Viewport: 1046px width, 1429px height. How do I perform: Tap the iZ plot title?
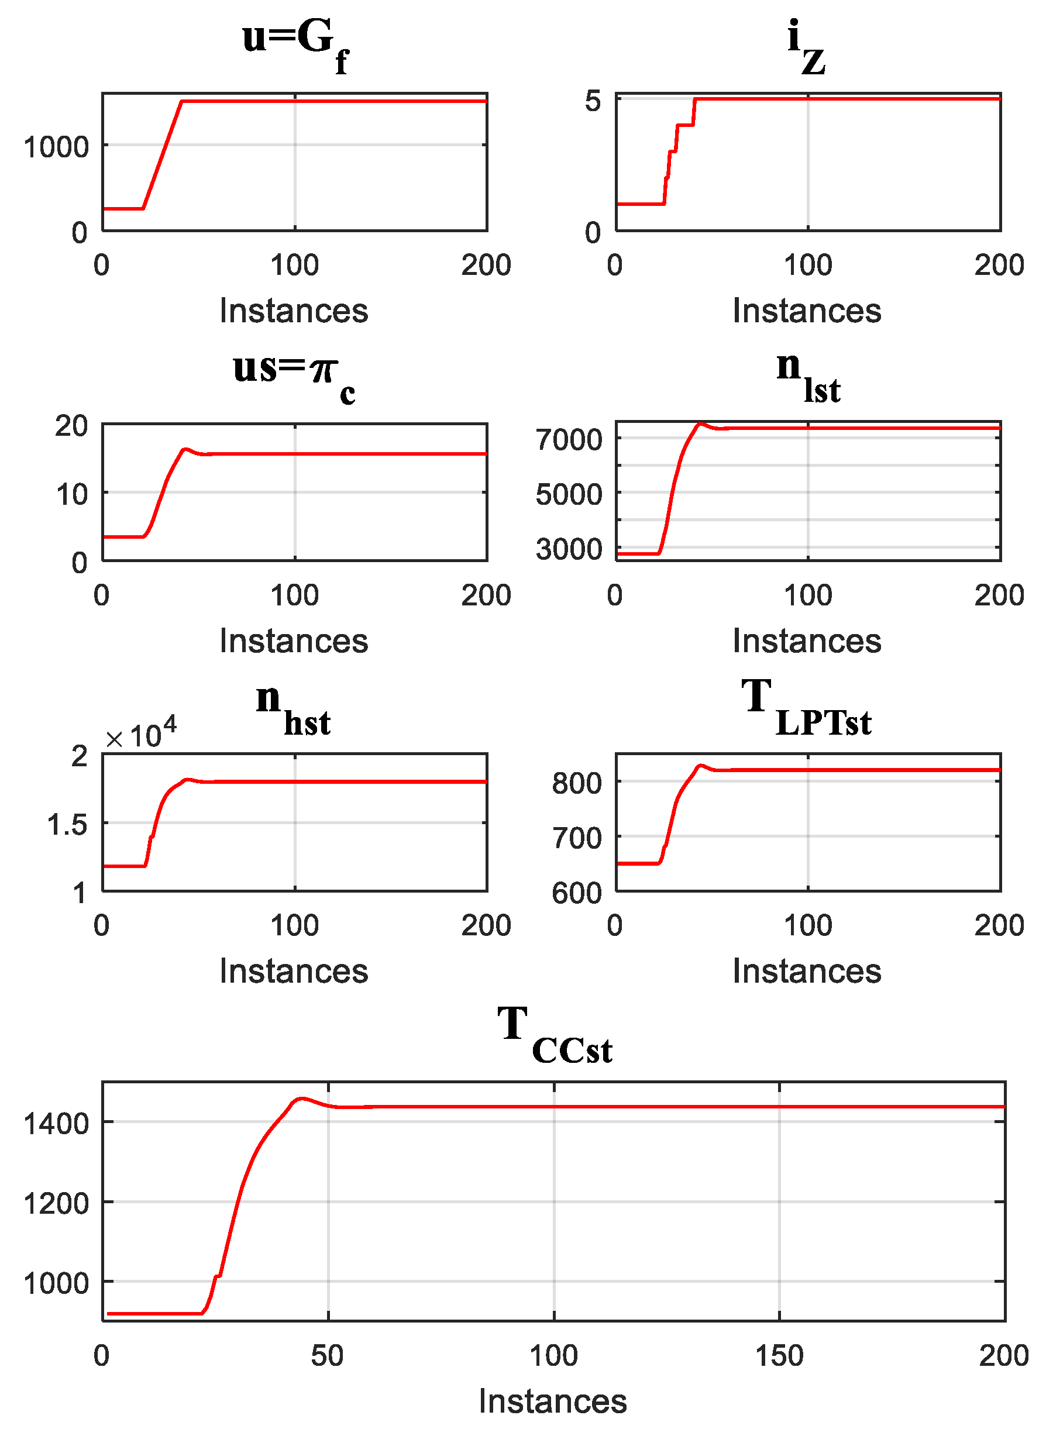(x=806, y=46)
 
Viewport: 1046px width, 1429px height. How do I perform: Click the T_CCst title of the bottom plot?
(x=554, y=1035)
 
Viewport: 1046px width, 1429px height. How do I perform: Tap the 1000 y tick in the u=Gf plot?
(x=56, y=147)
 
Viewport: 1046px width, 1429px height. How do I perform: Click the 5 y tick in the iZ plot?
(x=592, y=101)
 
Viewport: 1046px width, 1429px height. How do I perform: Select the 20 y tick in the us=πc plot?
(x=71, y=426)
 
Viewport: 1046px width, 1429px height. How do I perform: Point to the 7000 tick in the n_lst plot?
(x=569, y=439)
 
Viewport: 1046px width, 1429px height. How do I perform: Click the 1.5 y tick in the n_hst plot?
(x=67, y=825)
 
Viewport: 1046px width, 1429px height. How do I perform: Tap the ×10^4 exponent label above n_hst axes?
(x=140, y=735)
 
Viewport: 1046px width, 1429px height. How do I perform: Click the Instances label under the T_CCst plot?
(x=552, y=1401)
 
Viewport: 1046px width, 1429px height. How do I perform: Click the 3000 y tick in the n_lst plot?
(x=569, y=549)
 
